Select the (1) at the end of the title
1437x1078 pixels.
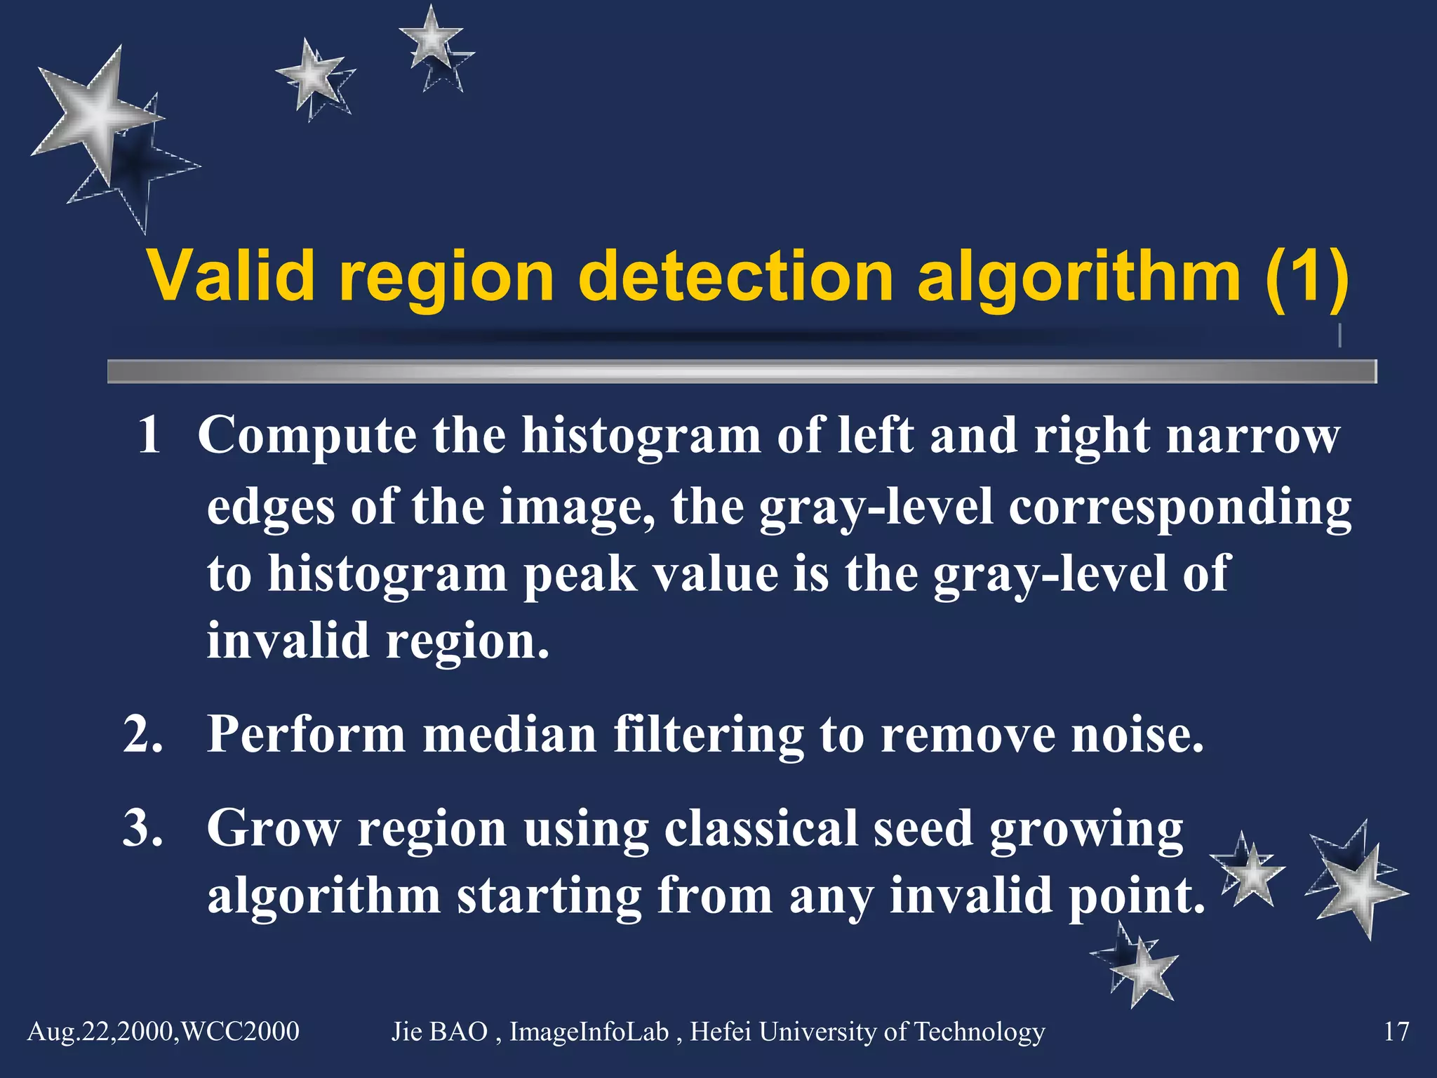(1306, 277)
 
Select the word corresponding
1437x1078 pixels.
(1179, 507)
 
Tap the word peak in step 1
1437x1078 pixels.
(580, 574)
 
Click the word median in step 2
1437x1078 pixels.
(509, 735)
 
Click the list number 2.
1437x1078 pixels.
(143, 735)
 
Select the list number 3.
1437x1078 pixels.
(143, 828)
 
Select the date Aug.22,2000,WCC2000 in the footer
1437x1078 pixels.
(163, 1032)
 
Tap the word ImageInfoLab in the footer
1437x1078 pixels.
(589, 1032)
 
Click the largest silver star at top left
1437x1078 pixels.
(98, 116)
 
